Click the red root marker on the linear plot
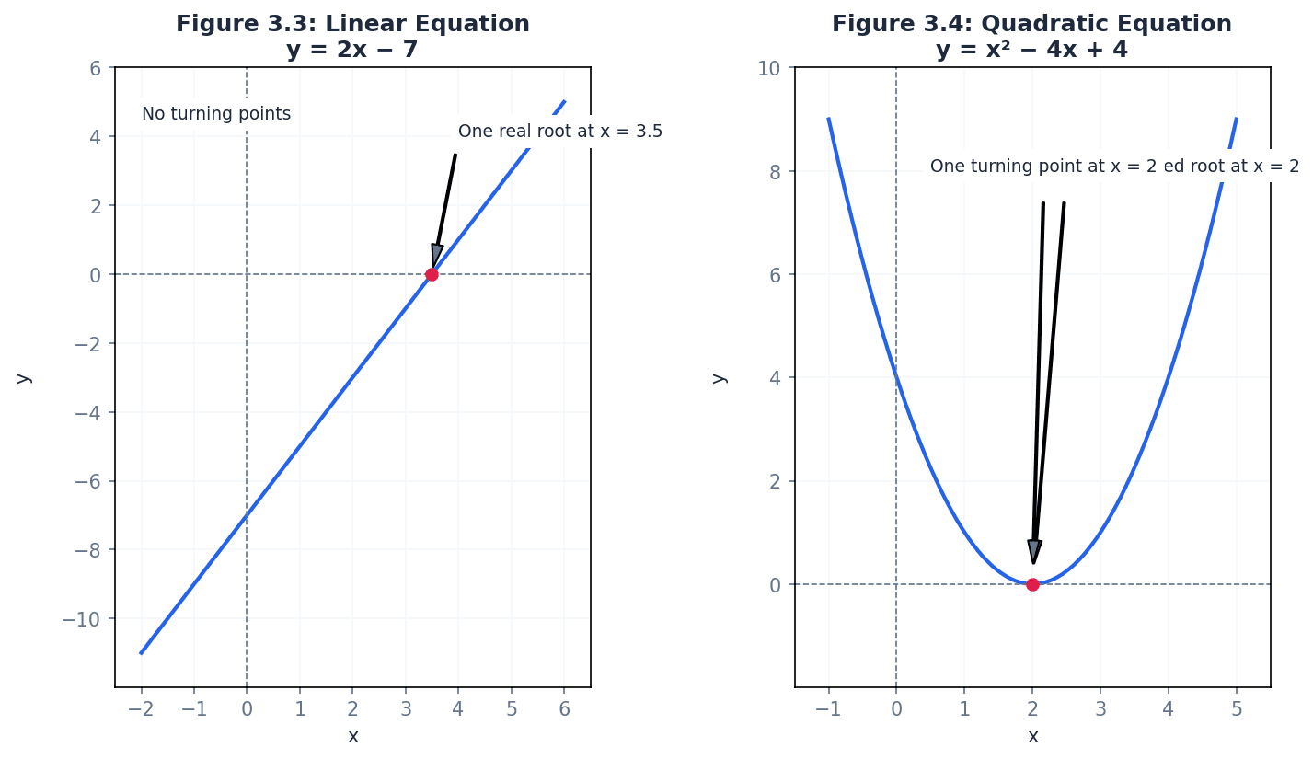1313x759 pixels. click(x=432, y=274)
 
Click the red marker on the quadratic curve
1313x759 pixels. click(x=1032, y=584)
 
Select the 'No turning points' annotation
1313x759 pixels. click(x=216, y=114)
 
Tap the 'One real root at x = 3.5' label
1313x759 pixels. click(x=559, y=132)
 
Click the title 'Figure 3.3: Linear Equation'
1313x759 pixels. click(x=352, y=24)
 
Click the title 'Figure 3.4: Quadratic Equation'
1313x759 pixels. click(x=1031, y=24)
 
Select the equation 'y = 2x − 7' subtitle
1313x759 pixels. click(x=352, y=50)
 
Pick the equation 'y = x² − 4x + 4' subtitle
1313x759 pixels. click(x=1031, y=50)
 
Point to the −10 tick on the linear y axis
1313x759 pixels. click(x=83, y=618)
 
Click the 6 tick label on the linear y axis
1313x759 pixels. click(x=95, y=68)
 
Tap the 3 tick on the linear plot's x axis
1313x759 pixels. click(x=406, y=708)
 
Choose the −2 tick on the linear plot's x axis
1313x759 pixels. click(x=141, y=708)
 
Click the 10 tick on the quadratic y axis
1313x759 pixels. click(x=768, y=68)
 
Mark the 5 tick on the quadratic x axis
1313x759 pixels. click(x=1237, y=708)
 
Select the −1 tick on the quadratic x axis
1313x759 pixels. click(x=828, y=708)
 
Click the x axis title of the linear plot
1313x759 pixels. click(x=352, y=737)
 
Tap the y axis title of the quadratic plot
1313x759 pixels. click(x=719, y=377)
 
